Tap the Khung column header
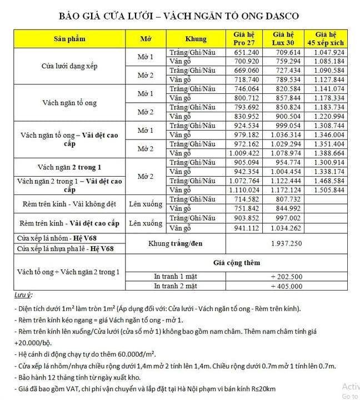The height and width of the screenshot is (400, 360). [196, 39]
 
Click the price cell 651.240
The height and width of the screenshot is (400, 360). [247, 52]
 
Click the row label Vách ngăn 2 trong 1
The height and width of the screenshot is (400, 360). [69, 167]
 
